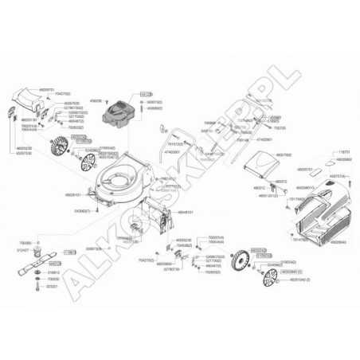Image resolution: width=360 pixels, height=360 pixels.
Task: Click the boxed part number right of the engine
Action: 145,94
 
